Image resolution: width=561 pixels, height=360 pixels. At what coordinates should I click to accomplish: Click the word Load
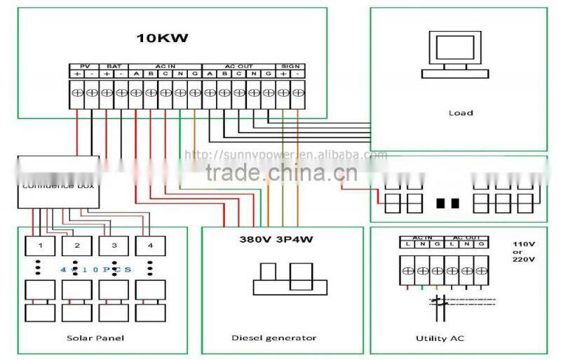tap(460, 112)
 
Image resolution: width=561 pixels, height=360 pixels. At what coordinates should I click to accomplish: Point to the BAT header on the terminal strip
tap(114, 65)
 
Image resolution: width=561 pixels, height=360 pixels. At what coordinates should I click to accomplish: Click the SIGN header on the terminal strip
tap(291, 65)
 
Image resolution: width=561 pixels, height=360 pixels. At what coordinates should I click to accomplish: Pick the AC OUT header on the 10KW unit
tap(239, 65)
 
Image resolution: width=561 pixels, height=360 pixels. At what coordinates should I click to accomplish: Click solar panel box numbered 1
tap(40, 246)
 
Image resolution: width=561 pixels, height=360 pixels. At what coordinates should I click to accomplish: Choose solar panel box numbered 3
tap(112, 246)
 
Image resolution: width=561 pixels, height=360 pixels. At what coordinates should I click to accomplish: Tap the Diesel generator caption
tap(274, 338)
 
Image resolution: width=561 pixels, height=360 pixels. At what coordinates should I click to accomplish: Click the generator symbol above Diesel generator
tap(289, 279)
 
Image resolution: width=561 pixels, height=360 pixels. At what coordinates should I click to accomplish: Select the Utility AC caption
tap(440, 338)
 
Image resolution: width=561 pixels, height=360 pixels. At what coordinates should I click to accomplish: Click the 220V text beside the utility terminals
tap(524, 259)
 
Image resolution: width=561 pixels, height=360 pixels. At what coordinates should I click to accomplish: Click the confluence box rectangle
tap(58, 181)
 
